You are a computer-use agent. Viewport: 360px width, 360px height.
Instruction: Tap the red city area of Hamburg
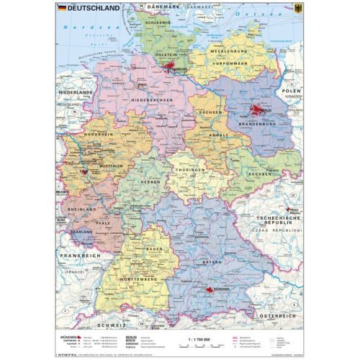coord(171,69)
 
